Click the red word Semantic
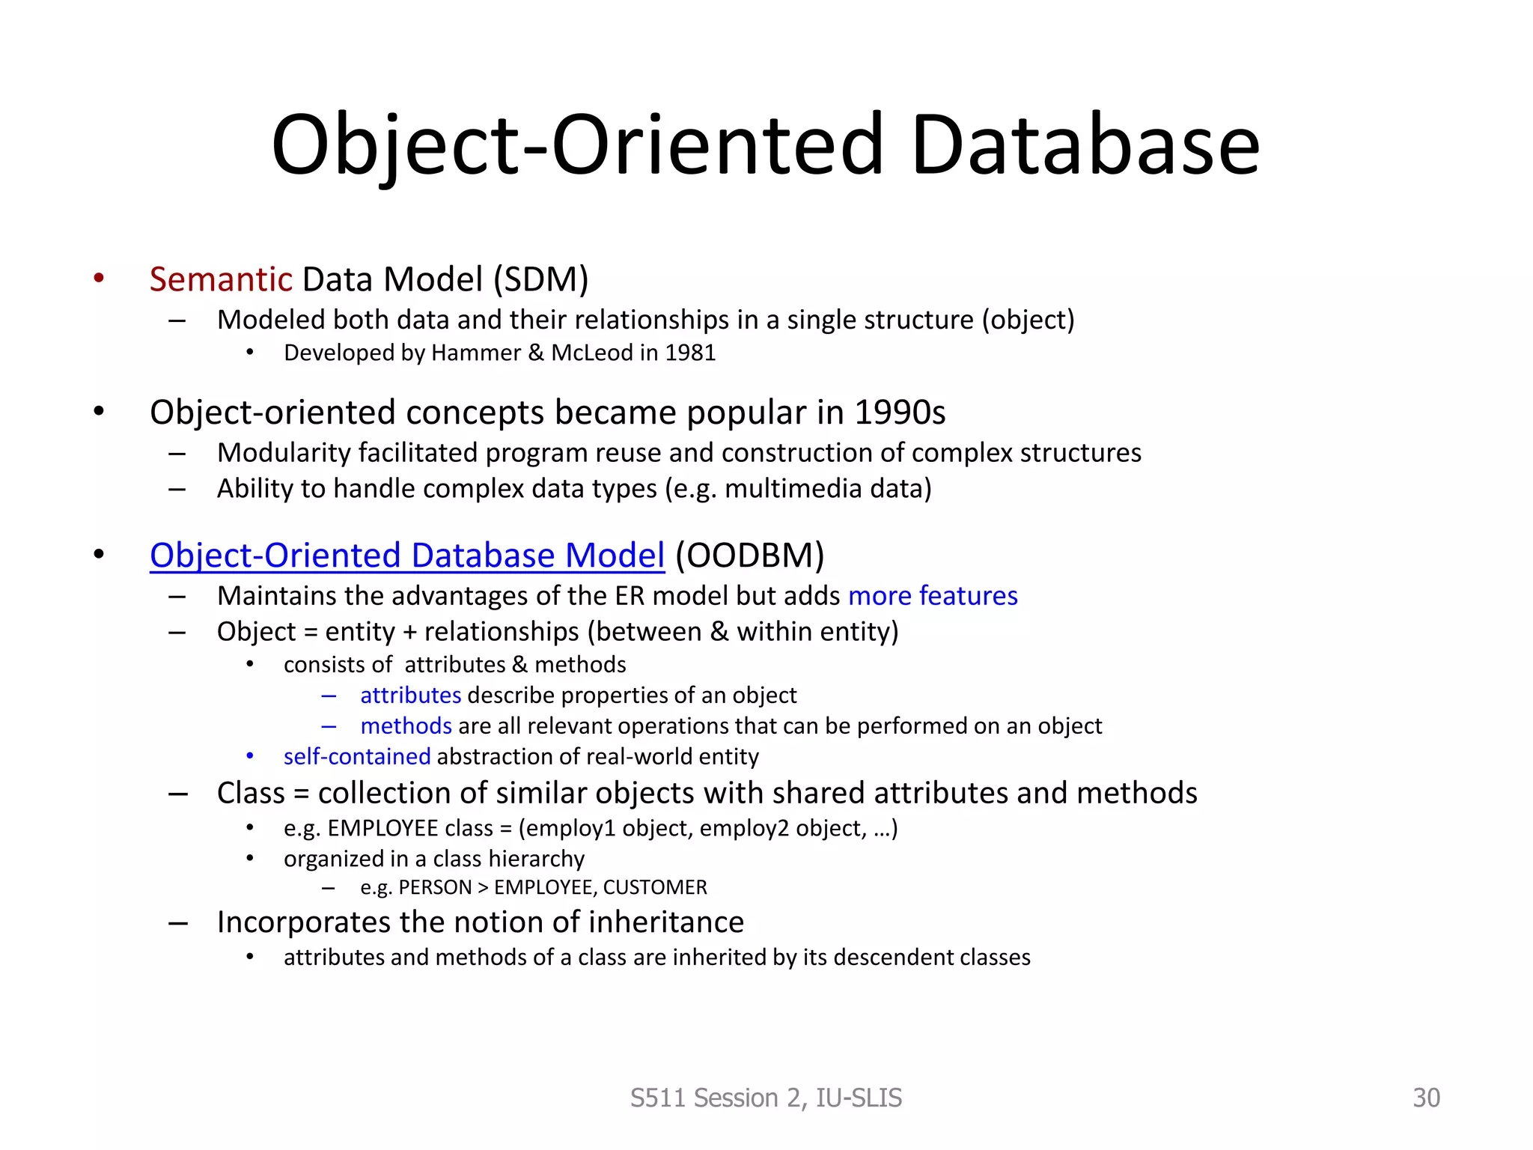(220, 279)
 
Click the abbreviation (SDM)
(540, 279)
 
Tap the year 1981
(690, 353)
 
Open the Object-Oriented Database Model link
(406, 556)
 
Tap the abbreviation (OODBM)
(749, 556)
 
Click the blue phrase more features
(933, 596)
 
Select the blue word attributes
(410, 696)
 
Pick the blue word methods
(406, 726)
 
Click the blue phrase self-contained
(357, 757)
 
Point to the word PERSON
(435, 888)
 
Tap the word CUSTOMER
(654, 888)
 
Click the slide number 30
(1426, 1098)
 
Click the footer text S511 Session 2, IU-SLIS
(766, 1098)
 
